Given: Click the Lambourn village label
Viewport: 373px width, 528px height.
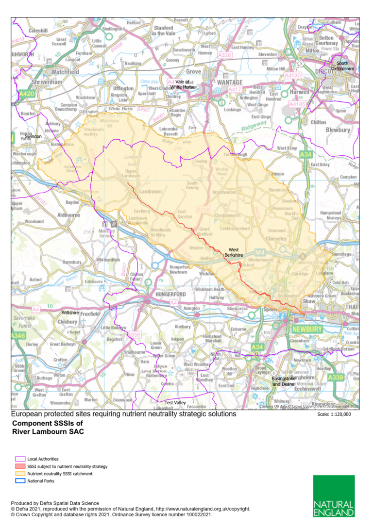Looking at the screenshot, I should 150,192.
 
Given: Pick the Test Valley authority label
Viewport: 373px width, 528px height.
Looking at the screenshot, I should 175,403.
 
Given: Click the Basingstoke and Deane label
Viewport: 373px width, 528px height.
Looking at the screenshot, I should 283,381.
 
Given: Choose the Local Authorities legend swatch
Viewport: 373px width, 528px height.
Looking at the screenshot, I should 20,459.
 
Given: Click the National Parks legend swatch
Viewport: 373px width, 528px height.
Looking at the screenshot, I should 20,481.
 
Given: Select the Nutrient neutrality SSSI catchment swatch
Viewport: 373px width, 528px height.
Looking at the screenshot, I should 20,474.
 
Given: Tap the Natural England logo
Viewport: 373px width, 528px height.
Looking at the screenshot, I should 334,495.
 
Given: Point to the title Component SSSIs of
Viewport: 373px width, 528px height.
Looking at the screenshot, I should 42,424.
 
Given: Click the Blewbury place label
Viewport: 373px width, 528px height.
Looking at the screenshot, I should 338,130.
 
